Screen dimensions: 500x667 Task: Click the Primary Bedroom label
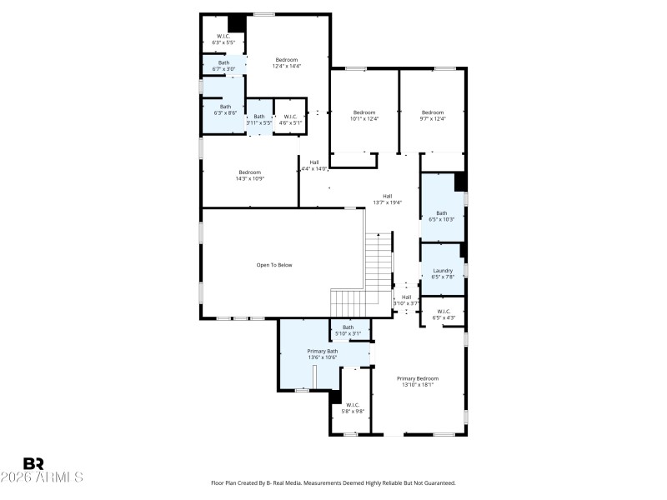[x=418, y=378]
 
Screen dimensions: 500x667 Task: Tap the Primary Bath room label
[x=323, y=352]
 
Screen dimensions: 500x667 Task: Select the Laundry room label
[x=443, y=271]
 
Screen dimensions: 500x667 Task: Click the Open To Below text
[x=274, y=265]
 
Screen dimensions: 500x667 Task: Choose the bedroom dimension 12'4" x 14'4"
[x=287, y=66]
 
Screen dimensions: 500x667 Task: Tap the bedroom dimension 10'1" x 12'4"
[x=364, y=119]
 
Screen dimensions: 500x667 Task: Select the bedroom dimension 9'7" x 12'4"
[x=433, y=119]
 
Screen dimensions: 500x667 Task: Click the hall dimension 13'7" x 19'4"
[x=388, y=202]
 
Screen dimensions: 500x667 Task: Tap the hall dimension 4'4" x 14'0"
[x=313, y=169]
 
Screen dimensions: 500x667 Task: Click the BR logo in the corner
[x=33, y=462]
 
